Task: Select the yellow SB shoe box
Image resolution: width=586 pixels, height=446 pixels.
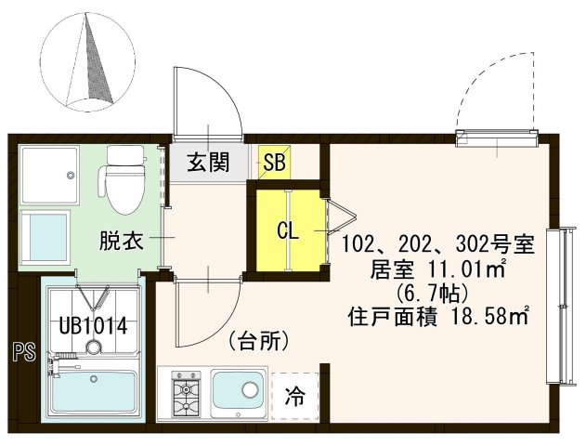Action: pos(275,164)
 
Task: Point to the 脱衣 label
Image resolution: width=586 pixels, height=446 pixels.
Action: pos(121,242)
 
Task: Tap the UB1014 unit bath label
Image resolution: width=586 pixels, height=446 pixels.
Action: pos(92,326)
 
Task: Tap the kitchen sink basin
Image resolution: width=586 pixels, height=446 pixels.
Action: pos(240,392)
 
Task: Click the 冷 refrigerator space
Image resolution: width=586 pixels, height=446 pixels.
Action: pos(293,395)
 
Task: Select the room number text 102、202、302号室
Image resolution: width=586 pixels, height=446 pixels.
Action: pos(437,245)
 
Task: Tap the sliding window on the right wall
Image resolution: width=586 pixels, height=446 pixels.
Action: pos(559,307)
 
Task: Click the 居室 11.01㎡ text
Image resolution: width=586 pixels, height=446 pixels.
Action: pos(437,269)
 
